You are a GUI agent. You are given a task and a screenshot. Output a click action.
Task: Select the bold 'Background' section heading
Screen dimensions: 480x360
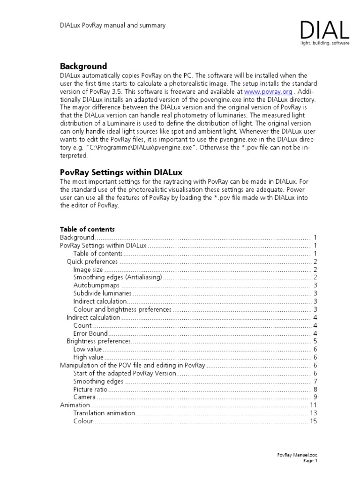(83, 66)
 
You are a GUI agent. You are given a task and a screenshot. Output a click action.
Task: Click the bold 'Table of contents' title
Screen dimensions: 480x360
(87, 229)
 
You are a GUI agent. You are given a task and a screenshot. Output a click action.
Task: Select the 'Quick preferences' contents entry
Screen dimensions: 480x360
(92, 262)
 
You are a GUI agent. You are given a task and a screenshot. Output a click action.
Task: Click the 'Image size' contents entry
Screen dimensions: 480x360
(88, 270)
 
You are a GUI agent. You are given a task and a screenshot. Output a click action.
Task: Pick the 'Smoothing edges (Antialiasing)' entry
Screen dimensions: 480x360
(118, 277)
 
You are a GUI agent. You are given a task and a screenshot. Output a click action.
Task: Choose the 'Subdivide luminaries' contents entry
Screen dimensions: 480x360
(102, 293)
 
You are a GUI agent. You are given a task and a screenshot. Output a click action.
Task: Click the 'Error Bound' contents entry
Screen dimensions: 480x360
(91, 333)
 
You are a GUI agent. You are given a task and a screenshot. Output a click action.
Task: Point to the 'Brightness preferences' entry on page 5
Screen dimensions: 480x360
(97, 341)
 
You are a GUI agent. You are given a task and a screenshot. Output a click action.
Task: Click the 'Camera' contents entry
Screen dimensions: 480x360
(85, 397)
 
